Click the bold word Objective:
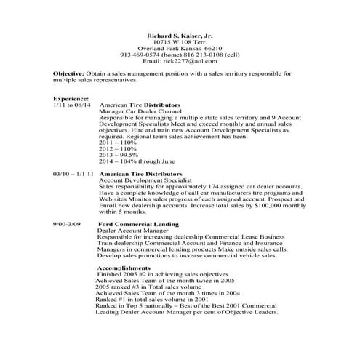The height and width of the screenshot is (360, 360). click(x=71, y=74)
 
